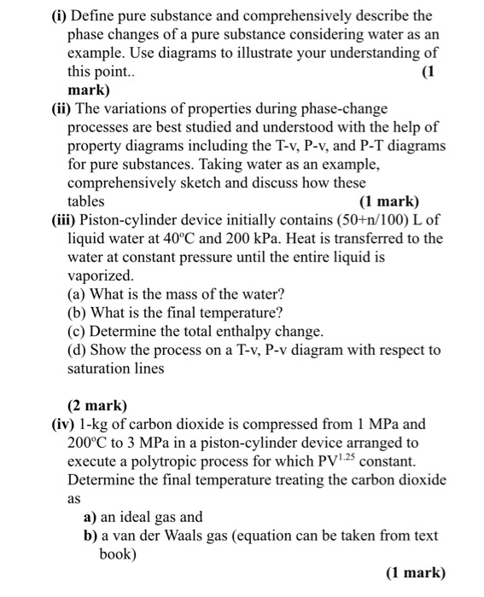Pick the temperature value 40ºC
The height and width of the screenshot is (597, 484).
182,239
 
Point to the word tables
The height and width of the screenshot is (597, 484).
86,202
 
